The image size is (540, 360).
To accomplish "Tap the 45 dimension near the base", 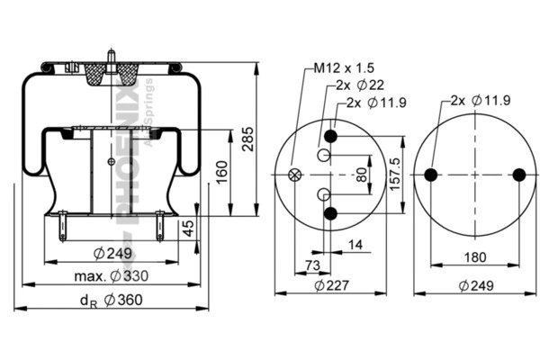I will [189, 229].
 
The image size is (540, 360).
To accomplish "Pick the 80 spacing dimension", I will [361, 174].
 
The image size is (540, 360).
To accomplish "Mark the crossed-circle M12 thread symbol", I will [294, 175].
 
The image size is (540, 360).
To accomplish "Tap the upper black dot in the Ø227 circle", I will [331, 136].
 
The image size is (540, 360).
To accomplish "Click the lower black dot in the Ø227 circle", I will [331, 213].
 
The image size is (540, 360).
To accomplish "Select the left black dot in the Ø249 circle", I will [431, 175].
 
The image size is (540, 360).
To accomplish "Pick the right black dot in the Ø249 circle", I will [517, 175].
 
